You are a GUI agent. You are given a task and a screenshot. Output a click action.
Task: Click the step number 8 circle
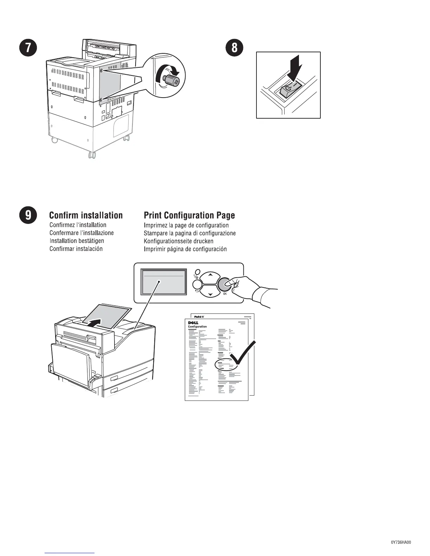(x=234, y=48)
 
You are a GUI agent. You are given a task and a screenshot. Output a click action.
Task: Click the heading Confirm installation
(x=86, y=215)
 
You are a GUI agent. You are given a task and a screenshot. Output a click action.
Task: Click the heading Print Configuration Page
(x=189, y=215)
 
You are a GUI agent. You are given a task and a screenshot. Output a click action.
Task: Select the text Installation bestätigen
(x=77, y=241)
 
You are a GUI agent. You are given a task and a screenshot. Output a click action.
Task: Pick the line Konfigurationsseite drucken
(x=178, y=241)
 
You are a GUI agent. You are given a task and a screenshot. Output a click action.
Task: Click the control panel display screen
(x=163, y=282)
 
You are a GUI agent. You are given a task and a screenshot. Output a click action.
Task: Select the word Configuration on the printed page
(x=197, y=327)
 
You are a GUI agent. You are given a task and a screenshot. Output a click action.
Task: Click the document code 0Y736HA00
(x=401, y=542)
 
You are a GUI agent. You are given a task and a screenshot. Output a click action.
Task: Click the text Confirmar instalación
(x=76, y=249)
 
